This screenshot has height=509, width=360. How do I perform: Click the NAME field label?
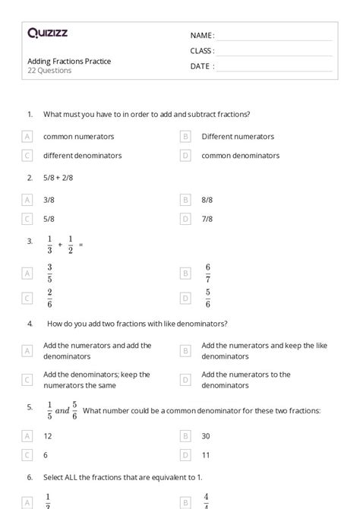pos(202,35)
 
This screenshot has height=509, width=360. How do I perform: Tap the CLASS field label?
pos(202,51)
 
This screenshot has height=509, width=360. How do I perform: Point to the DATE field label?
pos(202,66)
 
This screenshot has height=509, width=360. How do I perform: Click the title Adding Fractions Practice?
pos(69,61)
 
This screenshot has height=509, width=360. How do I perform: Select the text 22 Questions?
pos(49,71)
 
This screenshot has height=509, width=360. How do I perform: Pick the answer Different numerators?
pos(238,137)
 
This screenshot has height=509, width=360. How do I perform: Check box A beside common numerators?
pos(27,137)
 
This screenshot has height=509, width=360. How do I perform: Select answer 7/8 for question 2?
pos(207,219)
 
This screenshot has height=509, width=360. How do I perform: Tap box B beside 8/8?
pos(185,200)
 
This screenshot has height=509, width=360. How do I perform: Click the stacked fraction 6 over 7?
pos(207,273)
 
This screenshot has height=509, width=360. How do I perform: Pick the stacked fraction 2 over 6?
pos(49,299)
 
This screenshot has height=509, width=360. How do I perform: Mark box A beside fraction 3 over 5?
pos(27,273)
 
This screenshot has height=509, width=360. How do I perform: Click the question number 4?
pos(30,324)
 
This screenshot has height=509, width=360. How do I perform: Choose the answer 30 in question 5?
pos(206,436)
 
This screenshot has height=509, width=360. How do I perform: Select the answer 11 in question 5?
pos(206,455)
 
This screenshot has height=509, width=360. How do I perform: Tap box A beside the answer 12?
pos(27,436)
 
